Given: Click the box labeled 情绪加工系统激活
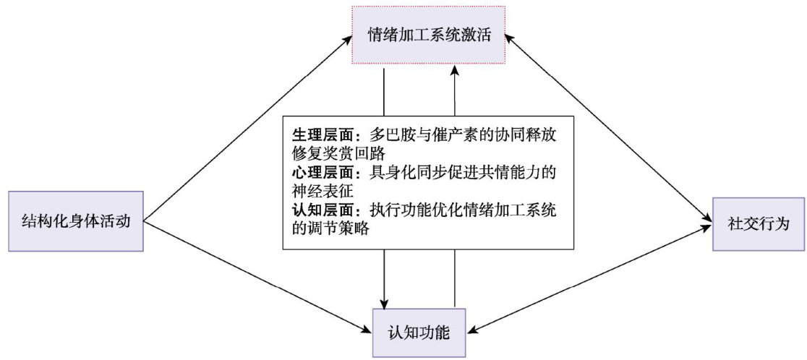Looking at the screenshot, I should [423, 35].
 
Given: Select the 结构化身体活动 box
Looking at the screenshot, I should [76, 221].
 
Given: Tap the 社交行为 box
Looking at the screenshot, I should [758, 223].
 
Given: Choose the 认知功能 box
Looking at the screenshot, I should [419, 333].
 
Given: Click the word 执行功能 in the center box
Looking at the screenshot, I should [398, 211].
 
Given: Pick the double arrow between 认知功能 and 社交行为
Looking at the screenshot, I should [589, 279].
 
